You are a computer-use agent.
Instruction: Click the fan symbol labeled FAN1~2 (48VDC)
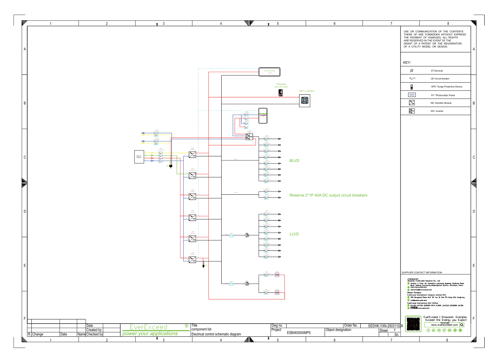305,100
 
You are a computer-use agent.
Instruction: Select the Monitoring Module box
269,72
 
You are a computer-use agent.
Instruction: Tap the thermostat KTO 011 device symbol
281,93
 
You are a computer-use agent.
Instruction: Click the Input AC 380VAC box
139,156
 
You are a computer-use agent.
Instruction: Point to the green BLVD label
294,161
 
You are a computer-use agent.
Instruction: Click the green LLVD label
294,234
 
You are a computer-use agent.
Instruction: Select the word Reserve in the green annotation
297,195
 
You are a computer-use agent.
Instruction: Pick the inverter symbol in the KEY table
412,111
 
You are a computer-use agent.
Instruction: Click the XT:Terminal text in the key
437,71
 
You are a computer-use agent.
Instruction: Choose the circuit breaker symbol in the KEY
412,79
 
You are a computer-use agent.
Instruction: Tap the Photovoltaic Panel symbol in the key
412,95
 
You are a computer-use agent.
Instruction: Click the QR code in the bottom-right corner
413,324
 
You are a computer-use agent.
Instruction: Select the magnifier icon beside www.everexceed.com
462,325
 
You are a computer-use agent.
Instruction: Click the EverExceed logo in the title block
149,327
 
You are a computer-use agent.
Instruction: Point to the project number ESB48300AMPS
299,333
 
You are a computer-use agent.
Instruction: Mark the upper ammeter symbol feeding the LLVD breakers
247,235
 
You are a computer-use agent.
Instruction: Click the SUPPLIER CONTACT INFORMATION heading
422,273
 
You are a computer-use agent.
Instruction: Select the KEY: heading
407,63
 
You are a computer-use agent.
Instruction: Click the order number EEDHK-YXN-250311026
385,326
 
